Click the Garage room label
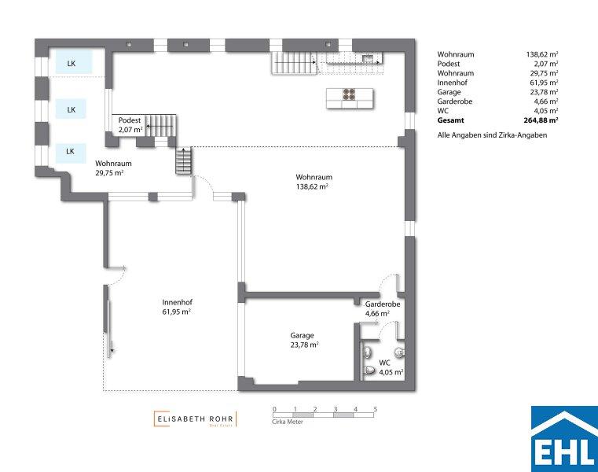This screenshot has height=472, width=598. pos(304,340)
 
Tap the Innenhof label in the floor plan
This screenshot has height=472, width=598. pos(176,307)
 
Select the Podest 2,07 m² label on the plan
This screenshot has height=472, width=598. pos(130,125)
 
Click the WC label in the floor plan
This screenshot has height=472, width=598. pos(391,367)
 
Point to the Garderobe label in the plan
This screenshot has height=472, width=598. pos(383,308)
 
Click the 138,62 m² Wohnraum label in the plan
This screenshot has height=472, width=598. pos(314,182)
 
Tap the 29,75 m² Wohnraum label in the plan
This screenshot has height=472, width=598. pos(113,168)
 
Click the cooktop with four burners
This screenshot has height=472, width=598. pos(350,94)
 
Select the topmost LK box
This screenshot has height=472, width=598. pos(74,62)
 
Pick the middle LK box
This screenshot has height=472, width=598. pos(71,109)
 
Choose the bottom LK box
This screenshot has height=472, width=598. pos(71,153)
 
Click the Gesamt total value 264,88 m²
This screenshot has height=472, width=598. pos(541,120)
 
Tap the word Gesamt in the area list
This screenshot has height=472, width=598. pos(451,120)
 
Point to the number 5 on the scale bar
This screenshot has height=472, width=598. pos(376,409)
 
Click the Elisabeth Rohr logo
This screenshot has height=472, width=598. pos(195,419)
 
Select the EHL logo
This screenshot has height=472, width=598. pos(564,439)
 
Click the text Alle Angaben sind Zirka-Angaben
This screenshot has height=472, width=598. pos(492,135)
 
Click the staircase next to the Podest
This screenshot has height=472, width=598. pos(160,125)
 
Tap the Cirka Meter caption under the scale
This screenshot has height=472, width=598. pos(288,422)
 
